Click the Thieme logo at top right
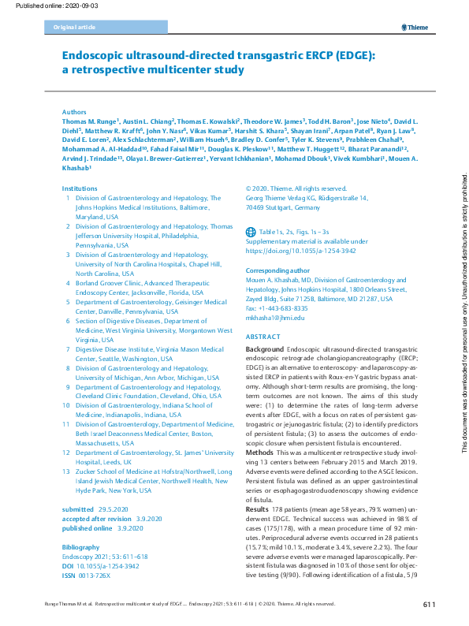(415, 28)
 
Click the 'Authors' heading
(74, 113)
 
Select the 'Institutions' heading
(80, 189)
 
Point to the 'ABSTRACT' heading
(263, 336)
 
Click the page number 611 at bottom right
(429, 604)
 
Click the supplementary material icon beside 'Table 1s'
(251, 231)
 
